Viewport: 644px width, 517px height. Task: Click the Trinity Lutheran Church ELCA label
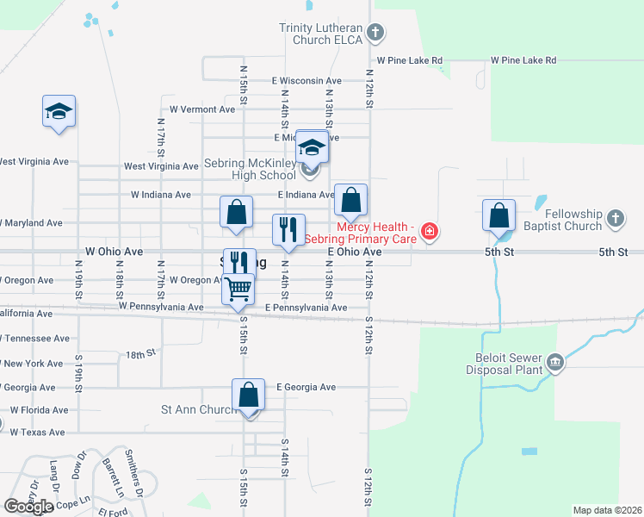[320, 34]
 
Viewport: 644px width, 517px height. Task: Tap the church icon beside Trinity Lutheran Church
[374, 34]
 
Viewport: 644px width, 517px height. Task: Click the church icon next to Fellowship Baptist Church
[615, 220]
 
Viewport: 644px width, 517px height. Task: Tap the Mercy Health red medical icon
[429, 231]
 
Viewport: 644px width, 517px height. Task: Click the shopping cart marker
[238, 288]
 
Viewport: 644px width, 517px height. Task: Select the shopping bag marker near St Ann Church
[248, 396]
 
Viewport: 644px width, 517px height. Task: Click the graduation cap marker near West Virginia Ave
[59, 112]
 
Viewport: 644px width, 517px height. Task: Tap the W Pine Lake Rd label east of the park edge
[523, 60]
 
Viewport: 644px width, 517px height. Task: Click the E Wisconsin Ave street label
[307, 80]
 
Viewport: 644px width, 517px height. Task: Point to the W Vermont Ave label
[202, 109]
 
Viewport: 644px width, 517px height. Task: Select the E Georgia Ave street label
[306, 388]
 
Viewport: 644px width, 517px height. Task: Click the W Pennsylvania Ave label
[161, 306]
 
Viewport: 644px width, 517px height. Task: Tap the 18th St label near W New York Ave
[139, 353]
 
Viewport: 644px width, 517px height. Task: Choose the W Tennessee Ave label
[34, 339]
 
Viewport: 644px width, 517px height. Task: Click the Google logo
[29, 506]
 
